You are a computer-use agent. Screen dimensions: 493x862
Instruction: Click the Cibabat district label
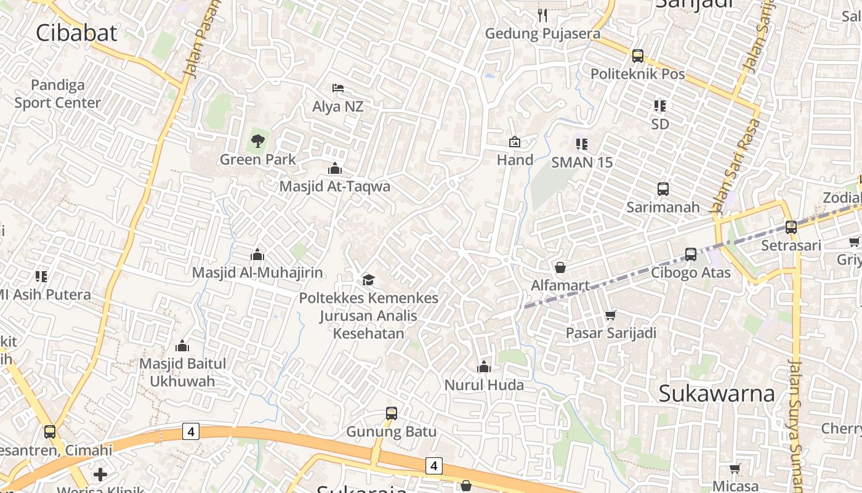coord(76,33)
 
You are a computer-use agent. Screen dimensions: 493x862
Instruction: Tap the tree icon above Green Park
coord(257,141)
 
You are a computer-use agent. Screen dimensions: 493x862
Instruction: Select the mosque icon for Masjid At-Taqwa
coord(335,168)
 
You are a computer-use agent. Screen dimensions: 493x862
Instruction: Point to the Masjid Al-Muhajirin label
coord(257,272)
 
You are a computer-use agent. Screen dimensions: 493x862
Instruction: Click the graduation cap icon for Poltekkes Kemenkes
coord(368,280)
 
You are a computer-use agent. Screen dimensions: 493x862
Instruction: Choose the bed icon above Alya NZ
coord(337,89)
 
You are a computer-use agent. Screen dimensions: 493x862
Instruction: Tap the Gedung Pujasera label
coord(542,33)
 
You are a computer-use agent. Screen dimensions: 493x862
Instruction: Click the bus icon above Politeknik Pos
coord(638,56)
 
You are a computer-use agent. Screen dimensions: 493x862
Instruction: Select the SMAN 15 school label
coord(582,163)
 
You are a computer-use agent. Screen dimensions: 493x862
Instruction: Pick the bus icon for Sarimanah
coord(663,189)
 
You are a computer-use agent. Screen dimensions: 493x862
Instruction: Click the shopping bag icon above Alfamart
coord(560,267)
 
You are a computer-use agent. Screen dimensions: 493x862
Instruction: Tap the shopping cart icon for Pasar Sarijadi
coord(610,315)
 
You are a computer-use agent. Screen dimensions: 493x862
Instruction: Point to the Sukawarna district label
coord(716,393)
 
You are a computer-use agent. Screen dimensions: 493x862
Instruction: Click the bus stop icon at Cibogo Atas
coord(691,255)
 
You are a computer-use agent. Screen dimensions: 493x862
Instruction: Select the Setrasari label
coord(791,245)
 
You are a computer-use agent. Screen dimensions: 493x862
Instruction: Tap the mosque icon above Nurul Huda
coord(484,367)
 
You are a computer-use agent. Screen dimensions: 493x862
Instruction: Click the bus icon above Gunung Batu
coord(392,414)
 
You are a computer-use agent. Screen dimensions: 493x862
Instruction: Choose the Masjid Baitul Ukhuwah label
coord(183,372)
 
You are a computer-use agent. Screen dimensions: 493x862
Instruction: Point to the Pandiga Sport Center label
coord(57,94)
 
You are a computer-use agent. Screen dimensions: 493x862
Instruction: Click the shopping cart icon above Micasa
coord(735,469)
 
